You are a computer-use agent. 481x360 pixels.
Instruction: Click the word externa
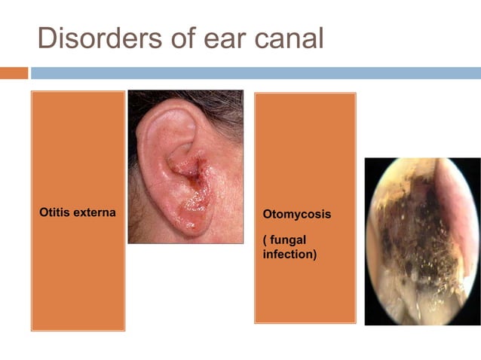(94, 212)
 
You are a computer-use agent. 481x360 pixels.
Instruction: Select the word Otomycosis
(296, 215)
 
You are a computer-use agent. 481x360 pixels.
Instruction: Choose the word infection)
(290, 255)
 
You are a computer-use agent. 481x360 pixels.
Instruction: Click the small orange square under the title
(14, 73)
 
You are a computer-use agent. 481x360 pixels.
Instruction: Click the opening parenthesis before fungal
(265, 239)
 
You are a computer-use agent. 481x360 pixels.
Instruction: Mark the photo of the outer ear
(185, 166)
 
